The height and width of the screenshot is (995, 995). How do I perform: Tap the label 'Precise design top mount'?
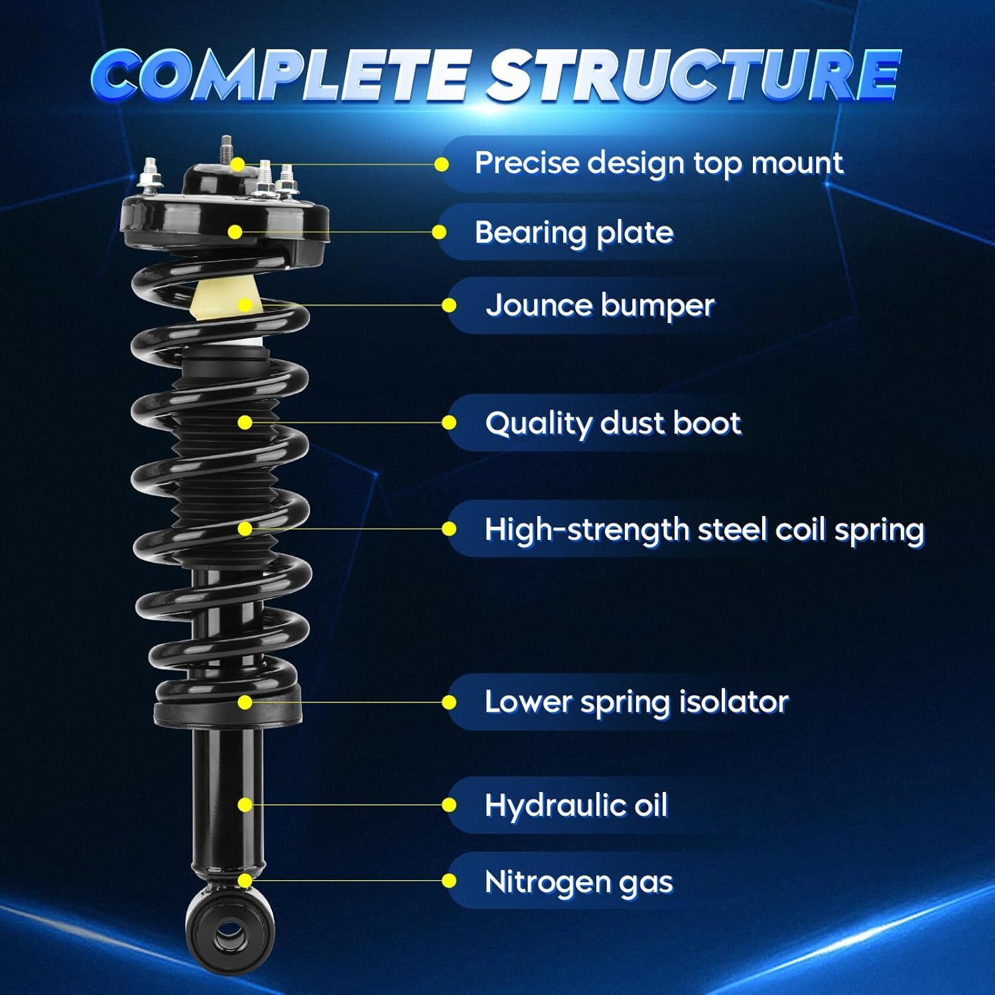(658, 163)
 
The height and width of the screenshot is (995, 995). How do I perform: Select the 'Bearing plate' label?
(574, 233)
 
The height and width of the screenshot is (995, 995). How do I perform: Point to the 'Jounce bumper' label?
(600, 306)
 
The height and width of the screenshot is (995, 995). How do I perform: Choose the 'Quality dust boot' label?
(612, 423)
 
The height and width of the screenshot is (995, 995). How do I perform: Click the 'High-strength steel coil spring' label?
(704, 530)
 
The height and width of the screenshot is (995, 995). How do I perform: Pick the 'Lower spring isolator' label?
(636, 702)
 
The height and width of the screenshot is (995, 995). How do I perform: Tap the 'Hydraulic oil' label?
(576, 805)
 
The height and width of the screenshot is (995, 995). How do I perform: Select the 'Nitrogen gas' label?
(578, 882)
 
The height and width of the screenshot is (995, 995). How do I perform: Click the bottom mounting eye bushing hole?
(229, 934)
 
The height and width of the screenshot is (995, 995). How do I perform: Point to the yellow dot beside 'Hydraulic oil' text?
(449, 805)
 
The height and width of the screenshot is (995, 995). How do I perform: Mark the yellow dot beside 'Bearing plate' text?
(439, 232)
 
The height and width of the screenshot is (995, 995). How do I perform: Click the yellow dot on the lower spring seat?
(245, 702)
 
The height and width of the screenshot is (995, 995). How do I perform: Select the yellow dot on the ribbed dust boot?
(245, 422)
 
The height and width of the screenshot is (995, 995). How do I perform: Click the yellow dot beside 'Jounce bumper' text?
(449, 305)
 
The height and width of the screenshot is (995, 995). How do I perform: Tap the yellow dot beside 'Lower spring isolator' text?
(449, 702)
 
